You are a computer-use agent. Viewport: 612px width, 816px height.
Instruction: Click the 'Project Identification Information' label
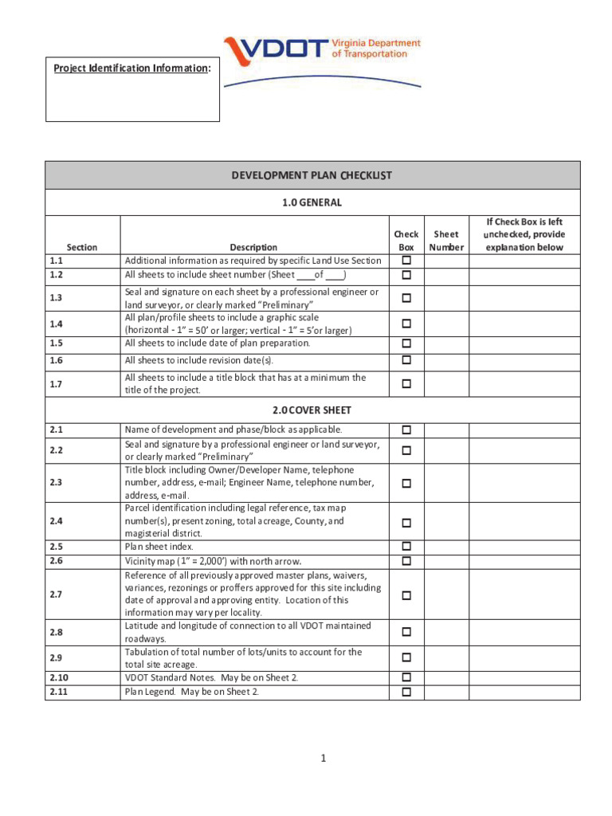coord(132,69)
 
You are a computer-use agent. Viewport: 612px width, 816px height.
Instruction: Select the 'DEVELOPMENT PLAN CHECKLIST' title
coord(312,175)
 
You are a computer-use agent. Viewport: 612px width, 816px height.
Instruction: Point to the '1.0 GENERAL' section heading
coord(312,202)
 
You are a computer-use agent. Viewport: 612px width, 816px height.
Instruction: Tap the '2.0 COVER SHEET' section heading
coord(312,410)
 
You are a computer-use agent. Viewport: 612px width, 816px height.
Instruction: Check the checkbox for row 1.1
coord(406,261)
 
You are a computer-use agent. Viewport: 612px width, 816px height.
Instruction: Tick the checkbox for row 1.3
coord(406,298)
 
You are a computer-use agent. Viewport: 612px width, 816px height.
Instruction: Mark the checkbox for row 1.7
coord(406,384)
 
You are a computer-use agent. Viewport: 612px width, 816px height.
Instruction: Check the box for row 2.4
coord(406,523)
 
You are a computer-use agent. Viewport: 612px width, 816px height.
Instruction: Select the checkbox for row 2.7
coord(406,595)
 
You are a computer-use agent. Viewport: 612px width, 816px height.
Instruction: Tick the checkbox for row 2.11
coord(406,692)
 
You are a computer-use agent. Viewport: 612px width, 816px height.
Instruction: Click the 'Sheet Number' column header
coord(445,241)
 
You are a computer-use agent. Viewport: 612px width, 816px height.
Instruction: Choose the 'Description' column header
coord(253,247)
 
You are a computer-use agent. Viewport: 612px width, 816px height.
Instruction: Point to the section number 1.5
coord(56,343)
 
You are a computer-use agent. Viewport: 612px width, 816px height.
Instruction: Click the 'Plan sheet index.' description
coord(159,547)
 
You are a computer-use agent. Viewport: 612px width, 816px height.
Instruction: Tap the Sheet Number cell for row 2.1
coord(445,430)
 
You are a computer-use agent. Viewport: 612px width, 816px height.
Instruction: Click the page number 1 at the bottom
coord(324,759)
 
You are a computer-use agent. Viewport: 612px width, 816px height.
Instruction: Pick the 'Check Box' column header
coord(406,241)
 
